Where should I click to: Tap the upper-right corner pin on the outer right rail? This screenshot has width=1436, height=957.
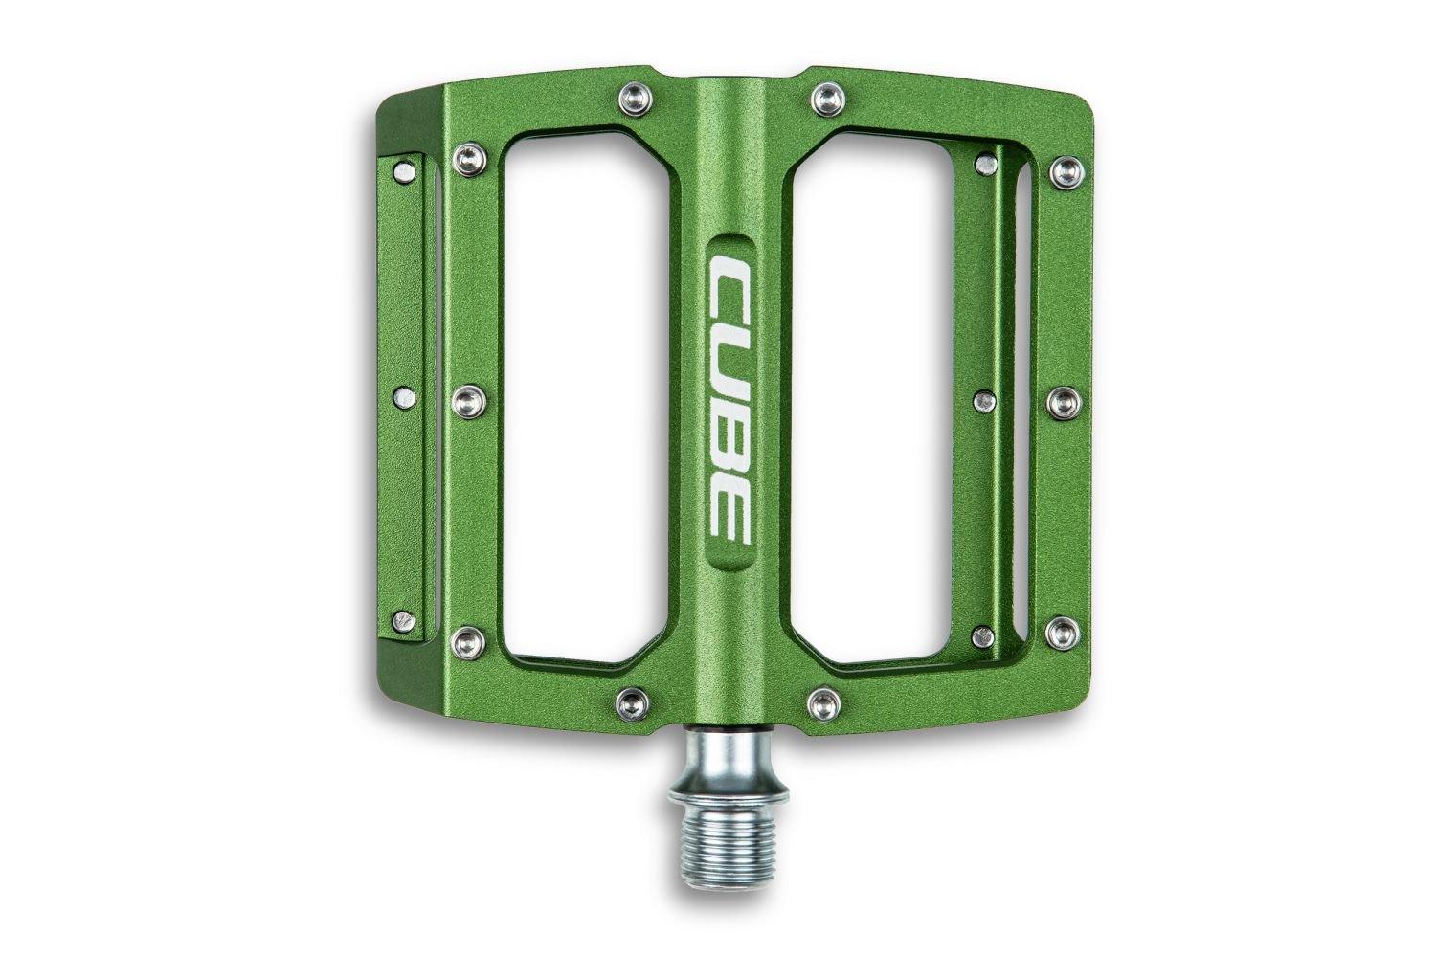click(x=1064, y=171)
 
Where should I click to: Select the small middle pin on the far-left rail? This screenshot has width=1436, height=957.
click(x=405, y=397)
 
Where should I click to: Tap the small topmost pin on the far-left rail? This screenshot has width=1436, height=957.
click(x=407, y=172)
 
